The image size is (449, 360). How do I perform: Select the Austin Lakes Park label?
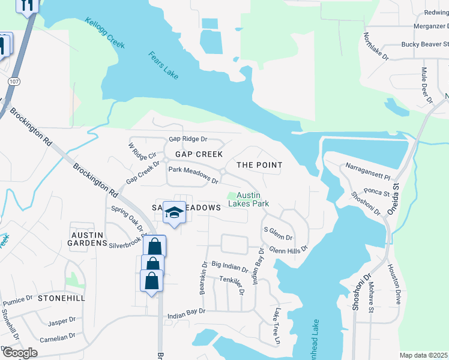(x=252, y=199)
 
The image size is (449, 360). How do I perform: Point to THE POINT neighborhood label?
(x=259, y=164)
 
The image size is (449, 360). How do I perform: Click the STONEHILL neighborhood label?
(x=61, y=298)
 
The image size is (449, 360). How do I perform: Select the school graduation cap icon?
(x=174, y=214)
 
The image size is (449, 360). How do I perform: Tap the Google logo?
(x=19, y=352)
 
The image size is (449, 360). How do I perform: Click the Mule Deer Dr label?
(x=427, y=83)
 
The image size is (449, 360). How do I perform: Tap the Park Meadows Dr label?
(x=193, y=175)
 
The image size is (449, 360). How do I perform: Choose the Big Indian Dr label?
(x=229, y=266)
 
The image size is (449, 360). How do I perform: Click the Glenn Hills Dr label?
(x=288, y=248)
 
